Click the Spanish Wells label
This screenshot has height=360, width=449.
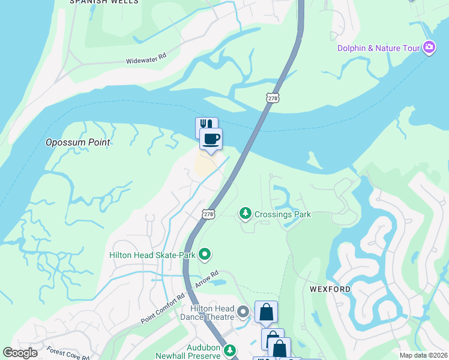104,2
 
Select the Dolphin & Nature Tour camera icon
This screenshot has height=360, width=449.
429,47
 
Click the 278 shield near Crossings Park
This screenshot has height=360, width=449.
208,214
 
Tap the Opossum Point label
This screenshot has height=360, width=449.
79,142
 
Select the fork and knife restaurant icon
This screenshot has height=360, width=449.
206,125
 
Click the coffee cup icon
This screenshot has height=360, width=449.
211,139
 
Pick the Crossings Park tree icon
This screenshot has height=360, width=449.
245,213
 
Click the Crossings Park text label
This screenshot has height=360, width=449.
283,214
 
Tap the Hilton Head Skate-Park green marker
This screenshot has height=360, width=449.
205,255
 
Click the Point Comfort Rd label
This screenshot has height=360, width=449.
163,308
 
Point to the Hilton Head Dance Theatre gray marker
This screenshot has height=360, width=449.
243,312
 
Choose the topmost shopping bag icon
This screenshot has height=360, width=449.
266,312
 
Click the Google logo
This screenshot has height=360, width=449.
20,353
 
